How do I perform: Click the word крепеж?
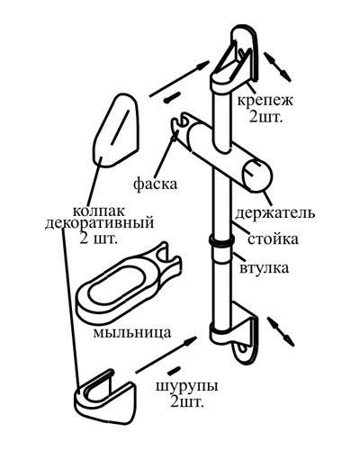coord(265,101)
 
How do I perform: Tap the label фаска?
coord(155,184)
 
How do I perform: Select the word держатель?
coord(275,213)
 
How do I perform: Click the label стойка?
coord(273,239)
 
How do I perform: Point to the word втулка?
coord(265,267)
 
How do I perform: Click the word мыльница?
coord(132,332)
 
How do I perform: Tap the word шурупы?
coord(186,387)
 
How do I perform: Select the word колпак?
coord(98,211)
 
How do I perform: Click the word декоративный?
coord(99,223)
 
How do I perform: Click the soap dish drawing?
coord(126,286)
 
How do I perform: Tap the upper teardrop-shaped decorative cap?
coord(115,130)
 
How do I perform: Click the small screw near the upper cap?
coord(172,97)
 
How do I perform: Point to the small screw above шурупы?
coord(174,371)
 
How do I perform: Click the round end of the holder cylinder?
coord(257,175)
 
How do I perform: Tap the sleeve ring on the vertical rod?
coord(221,240)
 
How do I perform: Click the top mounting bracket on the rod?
coord(236,59)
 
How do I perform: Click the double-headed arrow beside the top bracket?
coord(277,66)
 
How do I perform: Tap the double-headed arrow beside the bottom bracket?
coord(281,331)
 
